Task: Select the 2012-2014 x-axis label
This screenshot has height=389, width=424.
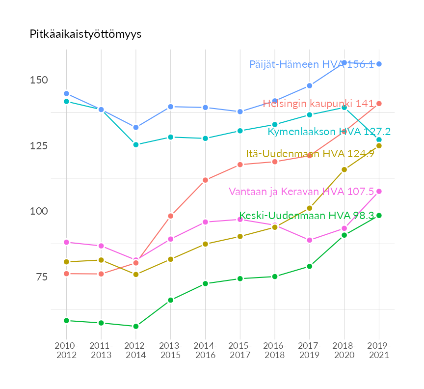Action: tap(136, 350)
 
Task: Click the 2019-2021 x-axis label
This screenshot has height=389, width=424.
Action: tap(379, 350)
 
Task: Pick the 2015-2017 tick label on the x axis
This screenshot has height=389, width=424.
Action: tap(240, 350)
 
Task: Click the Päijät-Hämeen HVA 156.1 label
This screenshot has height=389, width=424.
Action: tap(312, 64)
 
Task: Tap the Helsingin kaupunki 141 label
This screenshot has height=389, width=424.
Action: tap(318, 104)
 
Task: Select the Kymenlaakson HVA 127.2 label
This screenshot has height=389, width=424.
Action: tap(329, 132)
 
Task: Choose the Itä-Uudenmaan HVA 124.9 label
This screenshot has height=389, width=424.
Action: tap(310, 154)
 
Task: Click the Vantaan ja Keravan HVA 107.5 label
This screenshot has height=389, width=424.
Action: tap(302, 192)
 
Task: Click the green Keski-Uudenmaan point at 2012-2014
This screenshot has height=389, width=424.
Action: tap(136, 326)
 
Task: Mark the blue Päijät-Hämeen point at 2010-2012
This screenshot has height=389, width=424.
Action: tap(66, 93)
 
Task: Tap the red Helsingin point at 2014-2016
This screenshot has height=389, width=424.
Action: tap(205, 180)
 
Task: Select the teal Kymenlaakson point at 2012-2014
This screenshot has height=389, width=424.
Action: tap(136, 145)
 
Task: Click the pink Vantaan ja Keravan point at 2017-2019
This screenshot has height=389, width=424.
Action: tap(310, 240)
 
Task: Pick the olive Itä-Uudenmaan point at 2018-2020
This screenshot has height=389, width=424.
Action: tap(344, 169)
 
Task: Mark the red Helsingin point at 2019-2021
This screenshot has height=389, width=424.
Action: tap(379, 104)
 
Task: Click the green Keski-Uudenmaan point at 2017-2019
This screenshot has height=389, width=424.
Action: tap(310, 266)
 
